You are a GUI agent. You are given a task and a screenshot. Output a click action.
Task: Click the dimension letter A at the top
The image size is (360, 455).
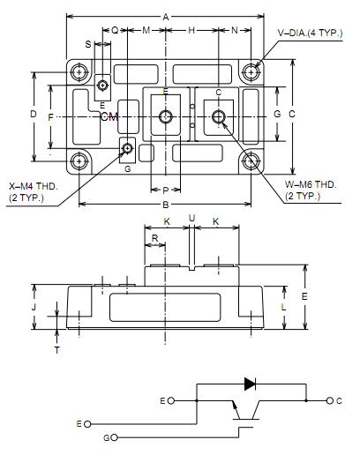click(166, 17)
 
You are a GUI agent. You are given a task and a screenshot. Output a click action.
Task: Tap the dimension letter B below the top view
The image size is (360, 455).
click(166, 205)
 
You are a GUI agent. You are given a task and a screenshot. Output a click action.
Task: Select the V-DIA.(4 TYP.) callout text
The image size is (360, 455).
click(310, 33)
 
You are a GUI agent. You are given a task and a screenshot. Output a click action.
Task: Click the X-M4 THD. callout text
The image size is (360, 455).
click(34, 186)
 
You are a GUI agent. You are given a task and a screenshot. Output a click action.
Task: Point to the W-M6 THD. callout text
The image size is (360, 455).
click(311, 185)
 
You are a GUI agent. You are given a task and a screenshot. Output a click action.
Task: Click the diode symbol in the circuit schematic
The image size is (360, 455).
click(250, 384)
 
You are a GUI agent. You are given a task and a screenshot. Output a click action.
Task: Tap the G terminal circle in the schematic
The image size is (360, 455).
click(114, 437)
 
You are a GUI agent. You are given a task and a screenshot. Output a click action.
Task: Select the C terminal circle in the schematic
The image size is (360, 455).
click(330, 400)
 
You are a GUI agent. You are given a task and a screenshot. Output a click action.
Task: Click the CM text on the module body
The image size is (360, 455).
click(109, 117)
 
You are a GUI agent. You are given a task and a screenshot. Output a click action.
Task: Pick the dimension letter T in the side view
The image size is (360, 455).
click(57, 350)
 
